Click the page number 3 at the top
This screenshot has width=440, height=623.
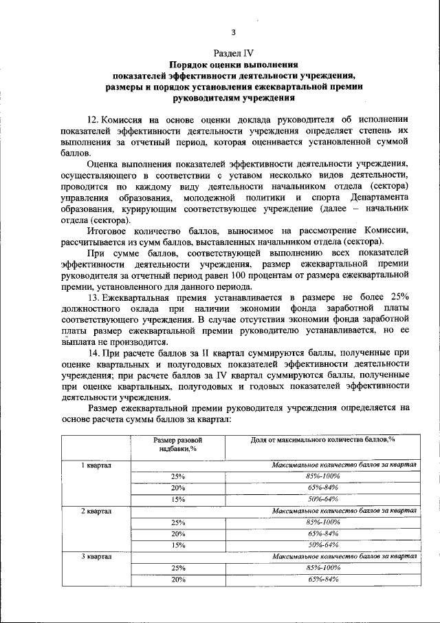pos(233,32)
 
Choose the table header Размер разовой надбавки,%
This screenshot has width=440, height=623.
pos(179,445)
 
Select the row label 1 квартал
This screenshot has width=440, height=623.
pos(97,466)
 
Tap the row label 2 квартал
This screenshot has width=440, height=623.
pos(97,511)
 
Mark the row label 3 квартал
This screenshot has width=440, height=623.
pos(97,556)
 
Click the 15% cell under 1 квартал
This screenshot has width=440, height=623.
pos(179,500)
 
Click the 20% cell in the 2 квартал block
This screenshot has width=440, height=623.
pos(179,534)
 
